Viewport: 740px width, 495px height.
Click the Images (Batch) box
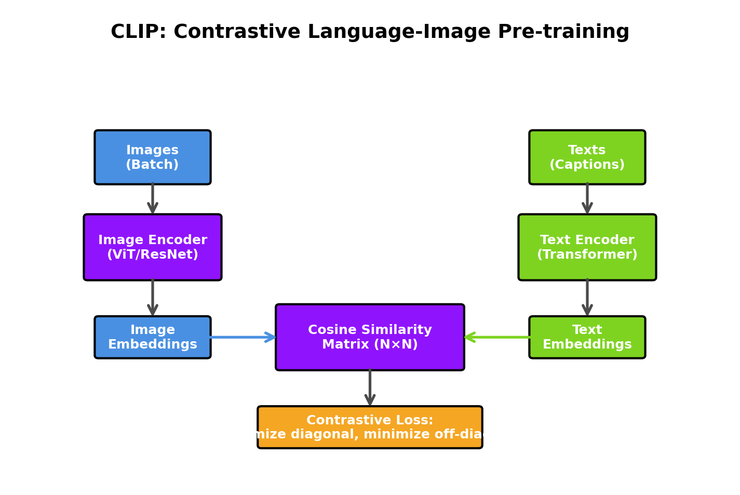pyautogui.click(x=153, y=157)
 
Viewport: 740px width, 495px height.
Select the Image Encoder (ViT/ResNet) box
pyautogui.click(x=153, y=247)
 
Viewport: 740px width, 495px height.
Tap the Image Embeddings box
pyautogui.click(x=153, y=337)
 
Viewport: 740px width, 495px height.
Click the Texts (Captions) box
pyautogui.click(x=587, y=157)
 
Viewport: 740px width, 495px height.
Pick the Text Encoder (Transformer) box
pyautogui.click(x=587, y=247)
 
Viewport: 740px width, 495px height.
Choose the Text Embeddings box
pyautogui.click(x=587, y=337)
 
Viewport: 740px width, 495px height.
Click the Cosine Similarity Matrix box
pyautogui.click(x=370, y=337)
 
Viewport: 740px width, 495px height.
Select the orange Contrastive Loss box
pyautogui.click(x=370, y=427)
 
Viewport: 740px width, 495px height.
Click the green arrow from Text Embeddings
pyautogui.click(x=497, y=337)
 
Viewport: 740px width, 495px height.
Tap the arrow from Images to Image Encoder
pyautogui.click(x=153, y=198)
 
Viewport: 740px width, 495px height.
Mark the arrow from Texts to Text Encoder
pyautogui.click(x=587, y=198)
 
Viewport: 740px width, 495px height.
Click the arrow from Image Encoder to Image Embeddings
pyautogui.click(x=153, y=298)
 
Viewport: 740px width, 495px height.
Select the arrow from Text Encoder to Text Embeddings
pyautogui.click(x=587, y=298)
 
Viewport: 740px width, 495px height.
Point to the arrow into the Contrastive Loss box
pyautogui.click(x=370, y=387)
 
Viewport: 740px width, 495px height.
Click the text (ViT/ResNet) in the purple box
pyautogui.click(x=153, y=255)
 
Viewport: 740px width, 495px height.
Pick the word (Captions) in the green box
pyautogui.click(x=587, y=165)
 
